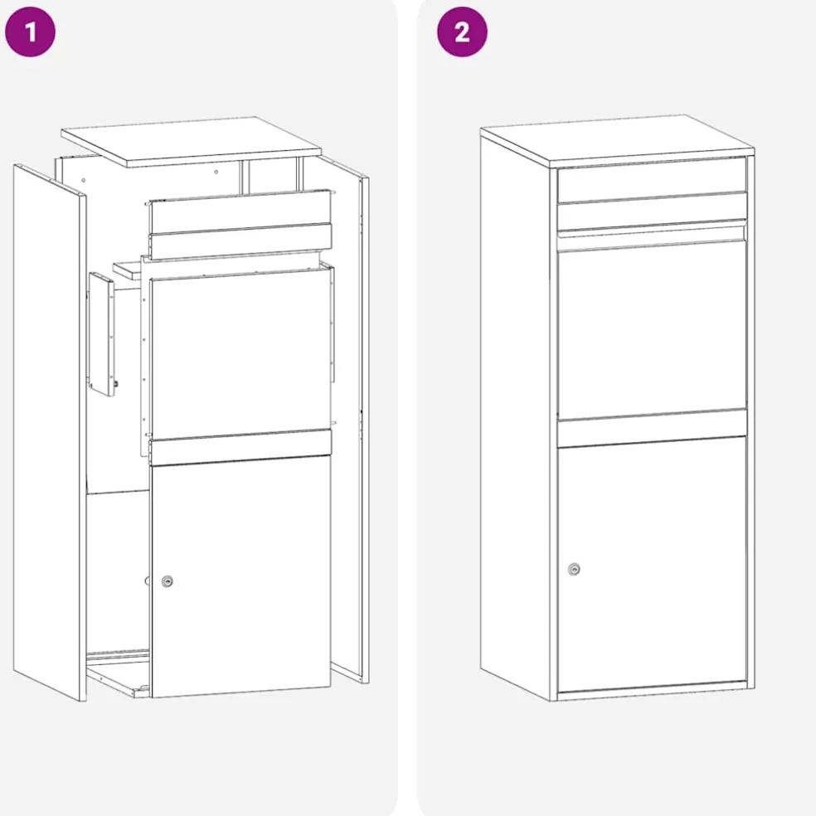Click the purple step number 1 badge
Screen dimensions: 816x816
pos(30,32)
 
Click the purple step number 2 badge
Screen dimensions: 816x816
pos(462,32)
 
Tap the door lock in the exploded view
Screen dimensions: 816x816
pos(167,581)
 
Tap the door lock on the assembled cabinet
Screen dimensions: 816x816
pos(574,570)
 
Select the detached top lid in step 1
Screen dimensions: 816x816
pos(192,141)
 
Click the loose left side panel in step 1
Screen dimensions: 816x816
pos(50,432)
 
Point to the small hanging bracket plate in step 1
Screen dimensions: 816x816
pos(103,334)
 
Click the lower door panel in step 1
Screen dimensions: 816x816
pos(240,576)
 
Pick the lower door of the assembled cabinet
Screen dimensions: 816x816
pos(652,564)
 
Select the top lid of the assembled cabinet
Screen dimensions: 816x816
pos(617,139)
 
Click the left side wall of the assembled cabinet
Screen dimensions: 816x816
pos(515,416)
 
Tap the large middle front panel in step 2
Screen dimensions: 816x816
pos(652,328)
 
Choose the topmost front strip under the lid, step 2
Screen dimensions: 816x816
pos(652,180)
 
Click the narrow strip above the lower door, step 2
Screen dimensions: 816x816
pos(652,428)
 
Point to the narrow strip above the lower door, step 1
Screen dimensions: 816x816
pos(240,447)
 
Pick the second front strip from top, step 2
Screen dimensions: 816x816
pos(652,211)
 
